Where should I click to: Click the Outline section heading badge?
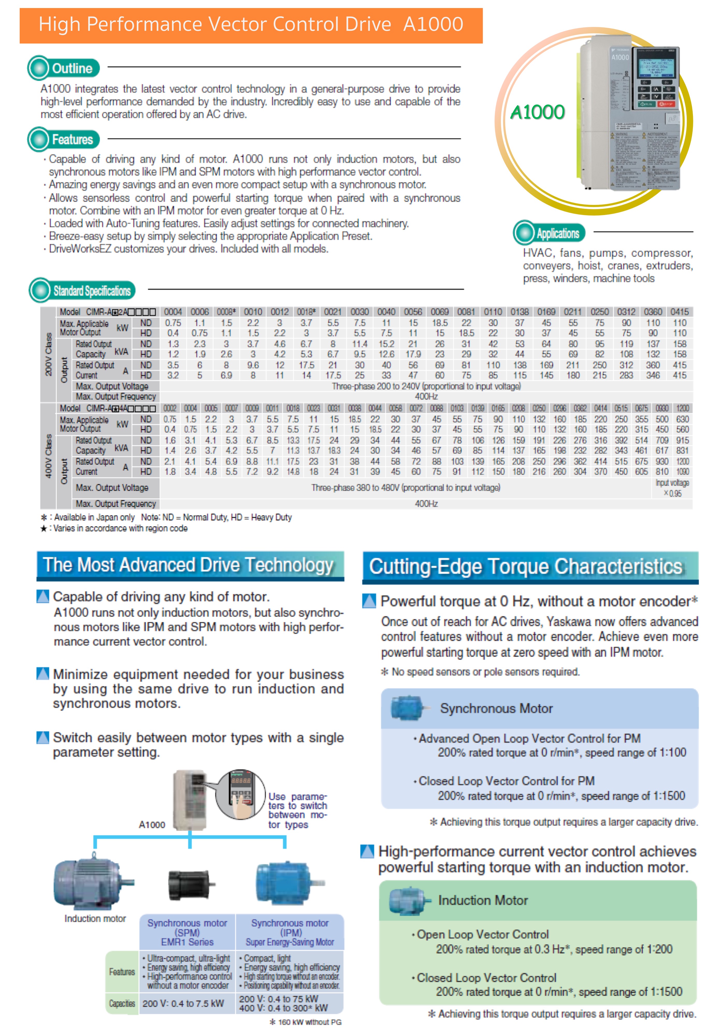click(x=63, y=68)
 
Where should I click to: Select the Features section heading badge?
click(x=63, y=139)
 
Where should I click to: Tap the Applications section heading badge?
click(x=549, y=233)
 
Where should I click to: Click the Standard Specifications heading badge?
click(x=82, y=290)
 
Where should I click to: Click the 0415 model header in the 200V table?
click(x=679, y=312)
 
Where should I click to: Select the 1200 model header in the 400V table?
click(x=682, y=408)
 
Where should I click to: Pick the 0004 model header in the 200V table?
click(x=173, y=312)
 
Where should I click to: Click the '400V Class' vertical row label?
click(x=48, y=456)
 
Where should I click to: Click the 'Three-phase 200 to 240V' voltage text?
click(x=426, y=386)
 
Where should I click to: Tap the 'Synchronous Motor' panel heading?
click(x=496, y=708)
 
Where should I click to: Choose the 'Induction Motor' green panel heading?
click(x=483, y=900)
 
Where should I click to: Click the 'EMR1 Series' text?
click(x=187, y=942)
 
